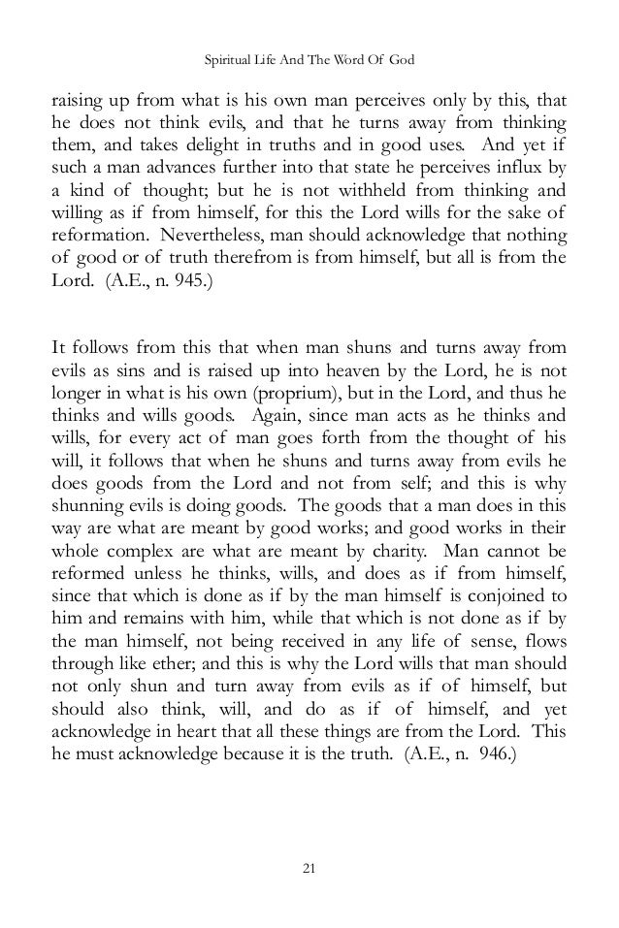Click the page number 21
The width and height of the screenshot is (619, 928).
coord(309,866)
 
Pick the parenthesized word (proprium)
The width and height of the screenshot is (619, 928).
coord(333,393)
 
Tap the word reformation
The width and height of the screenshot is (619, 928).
coord(94,237)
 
